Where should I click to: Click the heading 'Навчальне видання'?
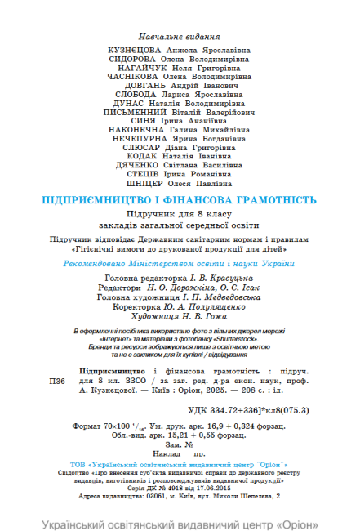click(180, 38)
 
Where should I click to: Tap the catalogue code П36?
click(58, 381)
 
